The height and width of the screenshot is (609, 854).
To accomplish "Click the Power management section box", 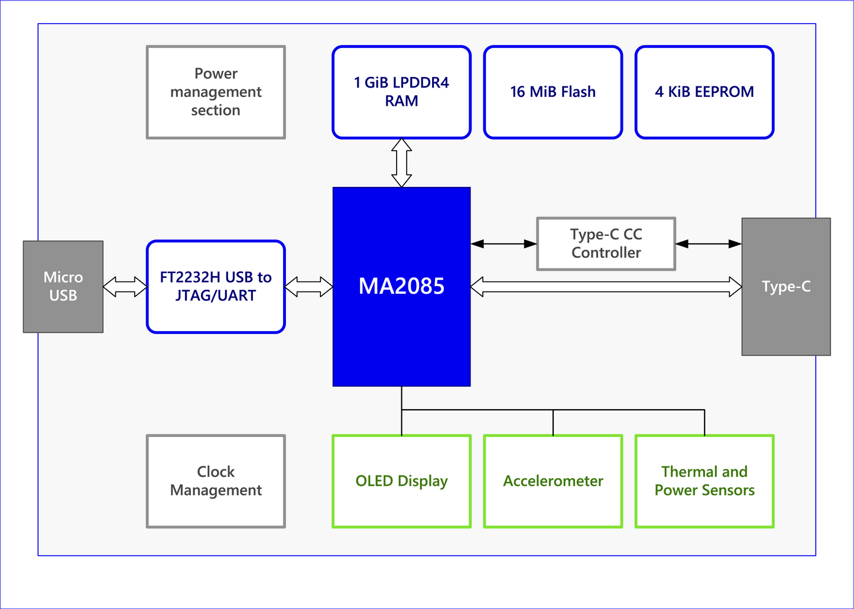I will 216,92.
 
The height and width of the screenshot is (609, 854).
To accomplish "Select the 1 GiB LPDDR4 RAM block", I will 401,92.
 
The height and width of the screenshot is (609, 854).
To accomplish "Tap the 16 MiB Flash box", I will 553,92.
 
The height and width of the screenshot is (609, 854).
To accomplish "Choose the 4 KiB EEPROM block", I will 704,92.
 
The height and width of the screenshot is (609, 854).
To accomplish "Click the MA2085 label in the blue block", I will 401,286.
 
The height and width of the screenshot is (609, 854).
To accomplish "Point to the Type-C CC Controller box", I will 606,244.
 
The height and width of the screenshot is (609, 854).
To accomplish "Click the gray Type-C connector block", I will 786,287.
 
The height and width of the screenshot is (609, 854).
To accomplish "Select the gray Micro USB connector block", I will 63,287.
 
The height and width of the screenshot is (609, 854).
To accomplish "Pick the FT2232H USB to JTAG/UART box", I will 216,287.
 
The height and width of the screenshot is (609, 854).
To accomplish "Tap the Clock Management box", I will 216,481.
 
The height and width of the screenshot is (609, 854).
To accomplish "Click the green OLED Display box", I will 401,481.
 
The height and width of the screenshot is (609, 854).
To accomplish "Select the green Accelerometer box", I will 553,481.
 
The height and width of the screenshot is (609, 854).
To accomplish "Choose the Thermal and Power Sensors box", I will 704,481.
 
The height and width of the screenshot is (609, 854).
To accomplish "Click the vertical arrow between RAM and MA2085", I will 401,163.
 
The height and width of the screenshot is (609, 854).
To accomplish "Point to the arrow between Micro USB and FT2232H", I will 125,287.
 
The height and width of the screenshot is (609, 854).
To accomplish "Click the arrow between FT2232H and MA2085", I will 309,287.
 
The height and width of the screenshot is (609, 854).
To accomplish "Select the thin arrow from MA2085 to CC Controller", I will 504,244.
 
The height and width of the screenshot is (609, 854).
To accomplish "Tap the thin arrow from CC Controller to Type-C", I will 708,244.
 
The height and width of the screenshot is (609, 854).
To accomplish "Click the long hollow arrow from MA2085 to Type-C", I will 606,287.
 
